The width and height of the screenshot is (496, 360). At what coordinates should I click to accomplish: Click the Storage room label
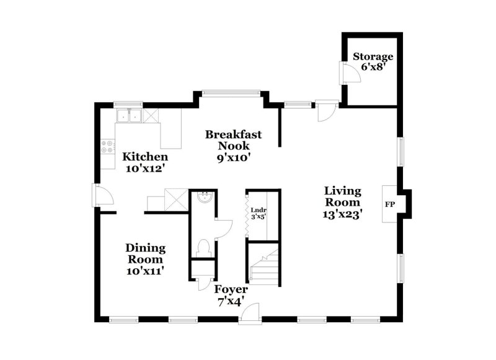pos(373,57)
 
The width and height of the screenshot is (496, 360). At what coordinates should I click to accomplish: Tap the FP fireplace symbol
pos(390,203)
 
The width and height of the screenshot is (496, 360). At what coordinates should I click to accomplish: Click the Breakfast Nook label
pos(233,140)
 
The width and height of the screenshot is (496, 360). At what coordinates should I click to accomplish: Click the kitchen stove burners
pos(107,147)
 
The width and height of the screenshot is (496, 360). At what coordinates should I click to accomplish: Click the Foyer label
pos(231,289)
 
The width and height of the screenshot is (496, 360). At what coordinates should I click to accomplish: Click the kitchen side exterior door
pos(101,196)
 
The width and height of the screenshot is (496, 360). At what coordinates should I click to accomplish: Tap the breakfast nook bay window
pos(230,94)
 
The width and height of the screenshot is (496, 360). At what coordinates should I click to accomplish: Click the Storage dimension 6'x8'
pos(374,68)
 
